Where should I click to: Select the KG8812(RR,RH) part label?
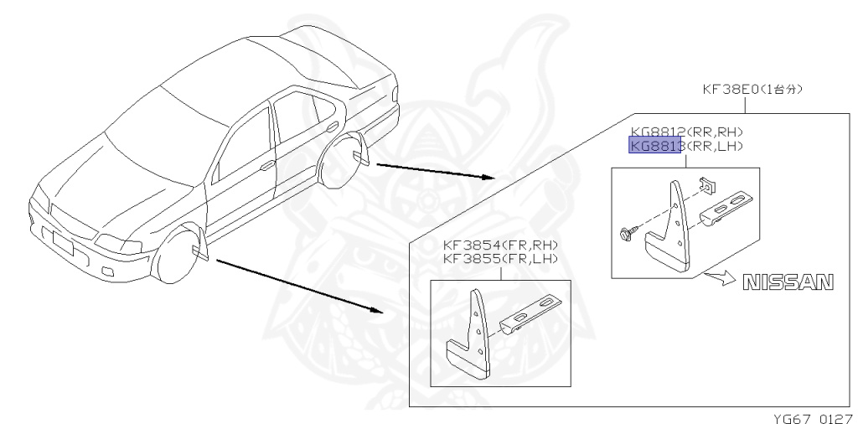tap(688, 132)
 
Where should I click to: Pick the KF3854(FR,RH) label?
tap(499, 245)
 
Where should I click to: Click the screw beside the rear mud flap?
tap(628, 230)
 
